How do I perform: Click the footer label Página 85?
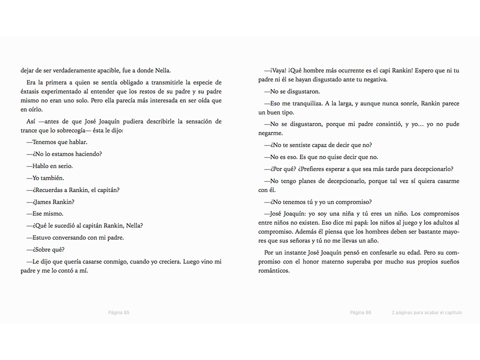119,313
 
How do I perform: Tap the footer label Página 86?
360,313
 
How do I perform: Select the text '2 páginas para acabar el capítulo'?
427,313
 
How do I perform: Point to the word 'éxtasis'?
32,92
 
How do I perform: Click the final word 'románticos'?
274,270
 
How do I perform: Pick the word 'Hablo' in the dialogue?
41,166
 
